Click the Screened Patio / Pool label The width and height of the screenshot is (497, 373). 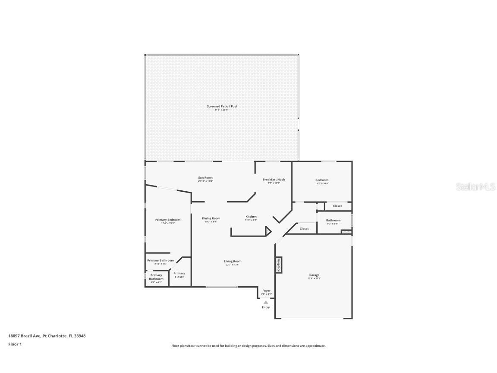[x=222, y=106]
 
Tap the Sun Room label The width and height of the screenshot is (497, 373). [x=205, y=178]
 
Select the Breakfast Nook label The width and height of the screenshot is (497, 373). [x=274, y=180]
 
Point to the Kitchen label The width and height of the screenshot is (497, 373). [x=251, y=217]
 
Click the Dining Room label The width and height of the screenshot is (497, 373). [x=211, y=218]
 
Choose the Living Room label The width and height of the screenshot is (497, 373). [x=233, y=261]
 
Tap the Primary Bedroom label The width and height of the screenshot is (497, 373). [x=168, y=220]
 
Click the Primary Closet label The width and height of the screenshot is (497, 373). [x=179, y=275]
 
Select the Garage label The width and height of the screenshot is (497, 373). [x=314, y=275]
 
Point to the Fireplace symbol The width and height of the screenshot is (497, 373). [x=279, y=265]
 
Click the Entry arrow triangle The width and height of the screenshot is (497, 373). [x=266, y=302]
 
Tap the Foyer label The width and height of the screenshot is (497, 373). [x=266, y=291]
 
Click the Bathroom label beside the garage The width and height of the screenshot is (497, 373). [x=333, y=221]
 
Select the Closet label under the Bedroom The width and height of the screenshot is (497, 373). [x=337, y=206]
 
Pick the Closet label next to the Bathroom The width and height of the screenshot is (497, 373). [x=304, y=228]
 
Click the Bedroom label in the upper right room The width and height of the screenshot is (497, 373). [x=322, y=180]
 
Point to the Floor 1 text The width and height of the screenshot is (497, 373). [x=15, y=344]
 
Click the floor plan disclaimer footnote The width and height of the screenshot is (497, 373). [x=248, y=346]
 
